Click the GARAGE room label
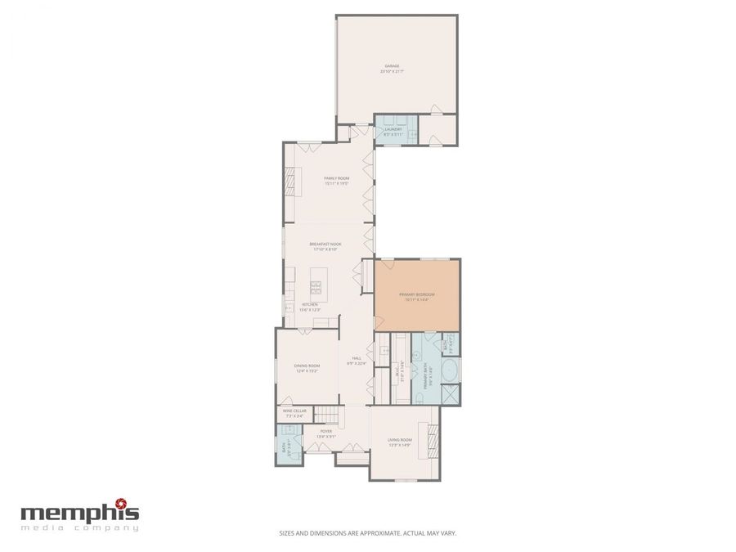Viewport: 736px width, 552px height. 393,66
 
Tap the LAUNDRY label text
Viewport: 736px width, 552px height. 393,128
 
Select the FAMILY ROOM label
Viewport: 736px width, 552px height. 336,177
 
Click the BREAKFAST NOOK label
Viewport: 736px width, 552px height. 325,244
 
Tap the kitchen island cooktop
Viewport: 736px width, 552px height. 316,287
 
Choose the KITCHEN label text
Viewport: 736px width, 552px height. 309,304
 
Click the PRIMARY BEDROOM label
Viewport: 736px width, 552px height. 416,294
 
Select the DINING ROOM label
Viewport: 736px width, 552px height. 307,366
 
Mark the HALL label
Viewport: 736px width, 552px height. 357,357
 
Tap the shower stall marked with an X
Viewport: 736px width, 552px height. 450,393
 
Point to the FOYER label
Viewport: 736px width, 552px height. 326,431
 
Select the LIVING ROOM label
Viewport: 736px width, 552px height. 400,440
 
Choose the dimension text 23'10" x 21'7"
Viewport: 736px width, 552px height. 393,72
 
